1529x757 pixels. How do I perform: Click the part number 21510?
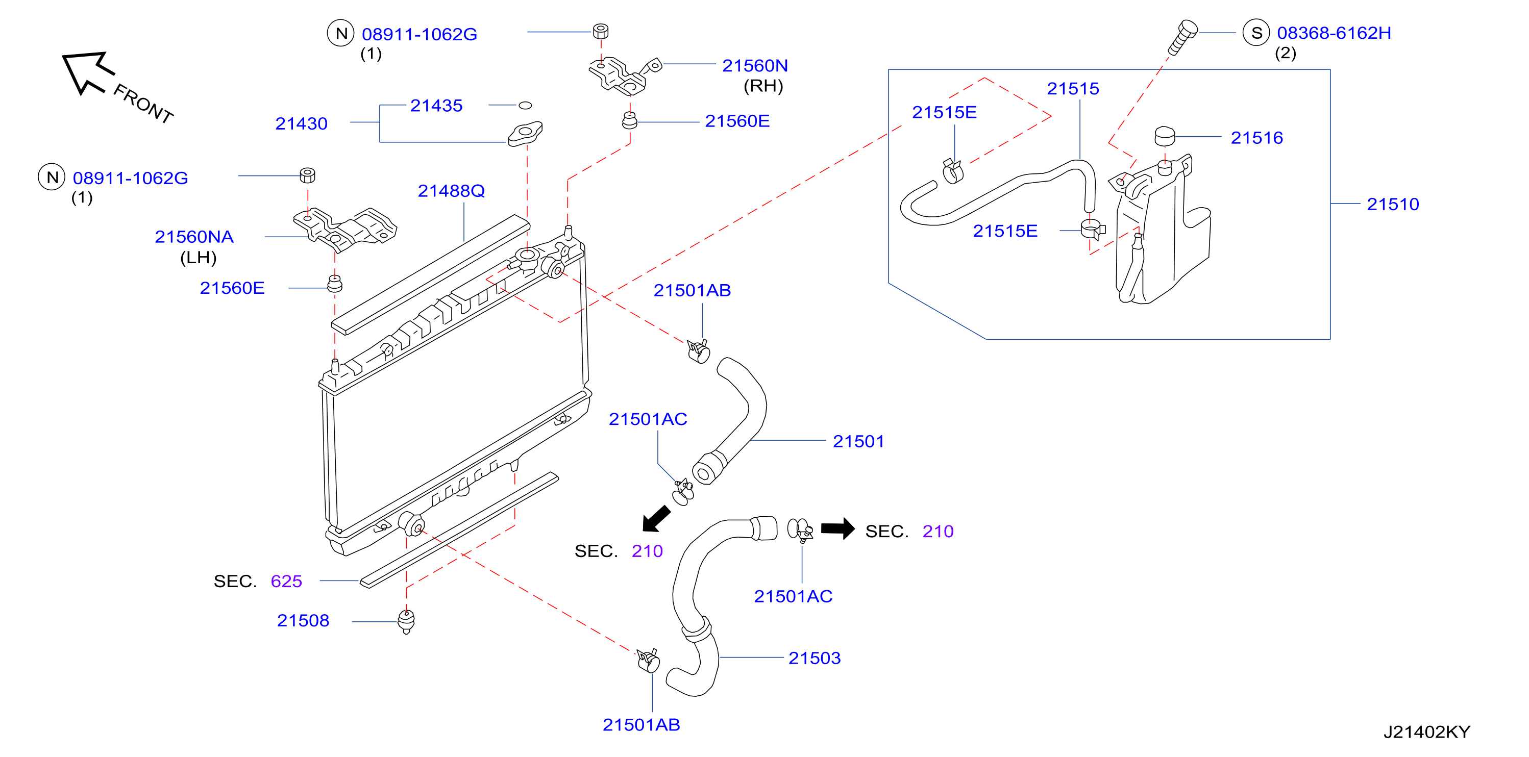[1392, 204]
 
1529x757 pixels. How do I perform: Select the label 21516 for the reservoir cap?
[1256, 138]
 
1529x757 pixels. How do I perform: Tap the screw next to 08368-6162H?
[1182, 37]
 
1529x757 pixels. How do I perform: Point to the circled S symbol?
[1256, 33]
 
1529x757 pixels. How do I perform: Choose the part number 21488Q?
[451, 190]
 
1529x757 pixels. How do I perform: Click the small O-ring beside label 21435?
[525, 106]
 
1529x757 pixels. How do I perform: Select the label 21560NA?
[194, 237]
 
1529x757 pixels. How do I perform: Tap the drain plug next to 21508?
[406, 621]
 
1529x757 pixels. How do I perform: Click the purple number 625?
[286, 582]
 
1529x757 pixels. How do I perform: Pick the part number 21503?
[815, 658]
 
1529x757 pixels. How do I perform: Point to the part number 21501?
[858, 441]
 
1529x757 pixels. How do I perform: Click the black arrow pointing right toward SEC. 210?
[837, 528]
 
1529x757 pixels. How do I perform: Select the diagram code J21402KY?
[1426, 732]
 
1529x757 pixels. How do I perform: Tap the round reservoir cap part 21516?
[1165, 136]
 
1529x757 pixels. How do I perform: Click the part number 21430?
[301, 123]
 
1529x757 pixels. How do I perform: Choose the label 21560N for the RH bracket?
[754, 65]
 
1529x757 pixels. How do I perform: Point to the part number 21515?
[1073, 88]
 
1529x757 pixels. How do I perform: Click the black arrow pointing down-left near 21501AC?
[656, 518]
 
